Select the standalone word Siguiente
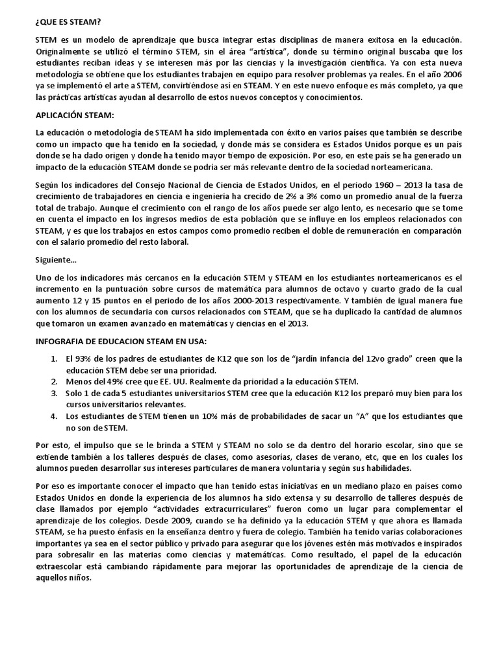[56, 260]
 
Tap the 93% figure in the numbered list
[84, 359]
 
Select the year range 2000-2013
[256, 301]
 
